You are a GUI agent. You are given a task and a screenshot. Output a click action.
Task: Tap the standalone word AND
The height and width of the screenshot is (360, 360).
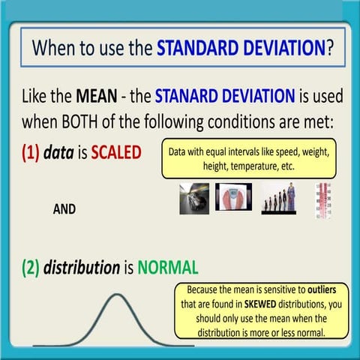(x=64, y=210)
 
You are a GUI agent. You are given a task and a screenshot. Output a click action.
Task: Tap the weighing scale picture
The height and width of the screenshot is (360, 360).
(x=233, y=197)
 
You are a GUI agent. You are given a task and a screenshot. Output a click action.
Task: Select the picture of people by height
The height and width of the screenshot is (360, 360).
(x=280, y=199)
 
